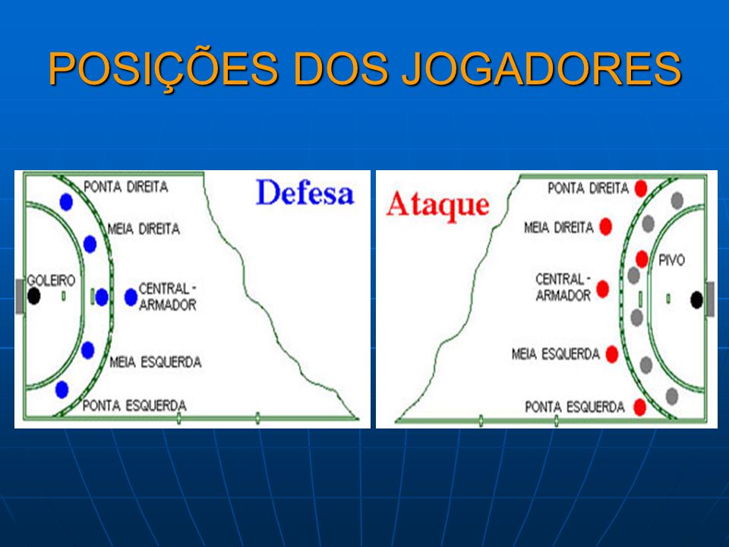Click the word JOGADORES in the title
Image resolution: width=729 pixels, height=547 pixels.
click(541, 69)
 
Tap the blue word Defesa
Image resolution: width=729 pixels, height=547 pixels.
click(305, 192)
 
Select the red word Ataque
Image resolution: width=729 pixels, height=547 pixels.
click(437, 205)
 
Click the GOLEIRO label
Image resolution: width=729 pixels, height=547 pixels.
click(51, 280)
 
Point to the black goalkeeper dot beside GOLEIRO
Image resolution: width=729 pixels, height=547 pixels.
click(33, 296)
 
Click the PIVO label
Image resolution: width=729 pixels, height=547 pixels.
click(672, 260)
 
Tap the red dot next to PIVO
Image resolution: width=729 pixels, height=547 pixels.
click(642, 258)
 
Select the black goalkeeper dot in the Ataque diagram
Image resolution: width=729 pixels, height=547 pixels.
click(696, 300)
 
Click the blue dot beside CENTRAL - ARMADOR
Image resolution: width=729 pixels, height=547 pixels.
click(131, 297)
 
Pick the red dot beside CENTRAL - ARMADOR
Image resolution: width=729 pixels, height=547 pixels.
click(602, 289)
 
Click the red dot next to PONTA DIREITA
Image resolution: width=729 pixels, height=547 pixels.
click(641, 189)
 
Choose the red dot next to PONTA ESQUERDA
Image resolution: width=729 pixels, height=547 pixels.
click(640, 407)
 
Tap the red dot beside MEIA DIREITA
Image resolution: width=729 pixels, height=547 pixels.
click(605, 226)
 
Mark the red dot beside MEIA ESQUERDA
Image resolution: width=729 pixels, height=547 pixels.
click(612, 355)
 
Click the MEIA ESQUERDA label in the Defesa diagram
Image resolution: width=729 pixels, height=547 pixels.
click(155, 362)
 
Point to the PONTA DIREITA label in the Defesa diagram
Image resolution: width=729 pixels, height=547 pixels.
click(125, 187)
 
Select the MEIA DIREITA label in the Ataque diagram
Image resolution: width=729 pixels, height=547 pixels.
click(559, 228)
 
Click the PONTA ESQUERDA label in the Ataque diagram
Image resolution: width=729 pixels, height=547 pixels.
click(575, 407)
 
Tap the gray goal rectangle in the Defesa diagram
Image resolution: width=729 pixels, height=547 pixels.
click(20, 296)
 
